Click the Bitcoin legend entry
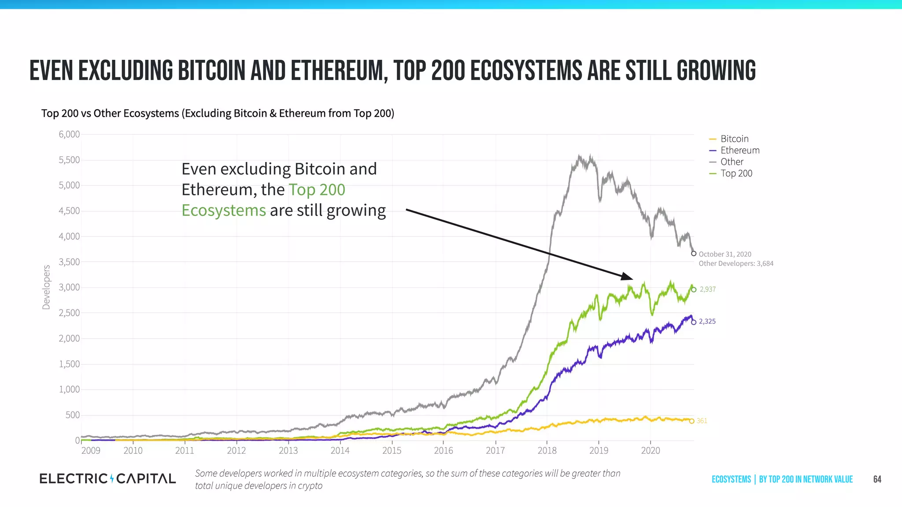click(x=734, y=139)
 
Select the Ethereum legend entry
click(x=739, y=151)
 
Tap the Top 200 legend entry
click(x=736, y=173)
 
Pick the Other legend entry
click(x=732, y=162)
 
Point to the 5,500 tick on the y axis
click(x=69, y=160)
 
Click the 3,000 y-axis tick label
click(x=69, y=287)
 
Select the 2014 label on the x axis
click(x=340, y=450)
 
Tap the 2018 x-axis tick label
click(x=547, y=450)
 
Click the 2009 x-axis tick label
click(x=91, y=450)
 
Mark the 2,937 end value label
click(x=708, y=289)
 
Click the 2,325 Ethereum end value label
click(x=707, y=321)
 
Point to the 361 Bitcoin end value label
click(x=702, y=421)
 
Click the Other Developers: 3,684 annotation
click(x=736, y=264)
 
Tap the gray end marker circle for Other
click(x=694, y=253)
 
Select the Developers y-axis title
click(x=46, y=287)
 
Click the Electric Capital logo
click(x=107, y=478)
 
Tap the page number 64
click(x=877, y=479)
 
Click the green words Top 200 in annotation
click(x=317, y=190)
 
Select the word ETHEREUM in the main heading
click(x=338, y=71)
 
